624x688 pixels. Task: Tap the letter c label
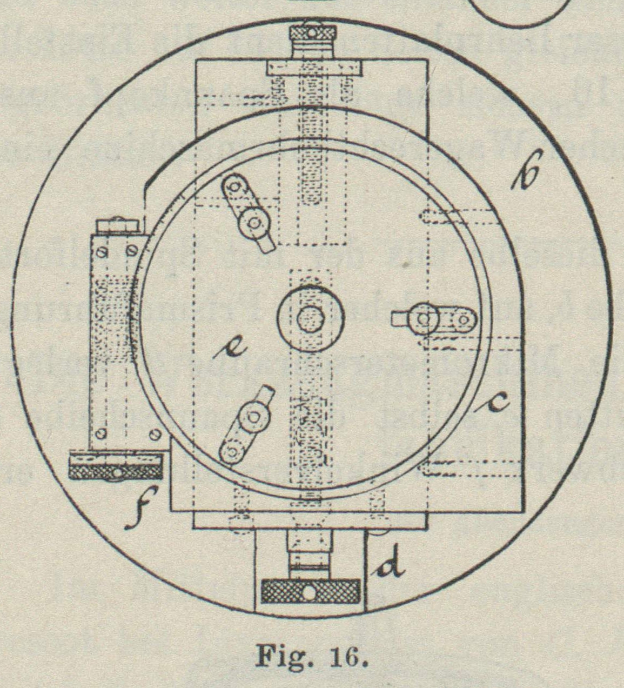493,402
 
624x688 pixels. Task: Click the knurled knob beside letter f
116,466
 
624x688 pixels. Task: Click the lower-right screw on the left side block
155,433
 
